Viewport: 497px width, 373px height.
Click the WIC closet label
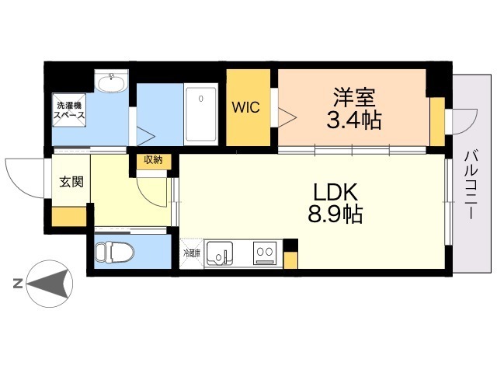click(245, 107)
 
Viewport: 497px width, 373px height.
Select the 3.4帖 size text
click(354, 120)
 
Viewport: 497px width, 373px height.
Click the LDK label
click(335, 192)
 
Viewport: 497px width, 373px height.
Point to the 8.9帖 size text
click(335, 214)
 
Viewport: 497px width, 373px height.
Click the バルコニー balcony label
click(471, 185)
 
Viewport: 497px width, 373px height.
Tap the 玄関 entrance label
click(71, 182)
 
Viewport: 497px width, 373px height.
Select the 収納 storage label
click(154, 160)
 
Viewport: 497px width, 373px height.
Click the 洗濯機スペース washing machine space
click(69, 110)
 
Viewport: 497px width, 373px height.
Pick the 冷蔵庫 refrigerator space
click(192, 253)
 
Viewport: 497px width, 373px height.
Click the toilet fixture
click(114, 253)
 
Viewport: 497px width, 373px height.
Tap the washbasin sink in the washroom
click(112, 82)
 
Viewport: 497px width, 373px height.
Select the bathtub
click(201, 114)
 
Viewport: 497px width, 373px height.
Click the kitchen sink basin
click(220, 253)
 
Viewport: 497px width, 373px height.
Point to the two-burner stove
click(265, 253)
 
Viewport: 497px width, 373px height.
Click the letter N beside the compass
click(18, 283)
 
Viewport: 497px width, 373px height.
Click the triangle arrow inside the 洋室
click(287, 117)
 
